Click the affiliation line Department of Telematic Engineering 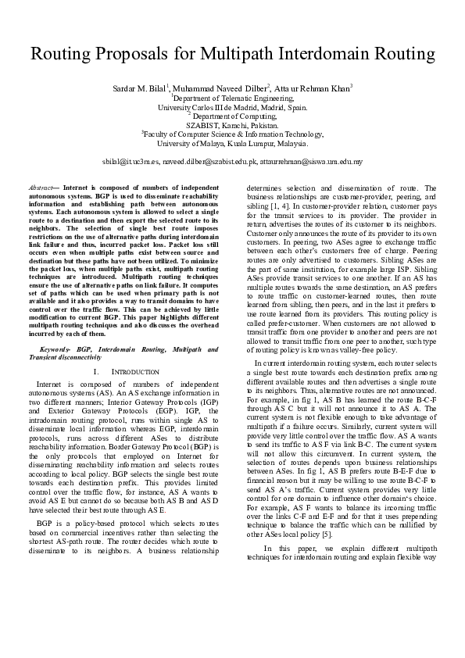(233, 99)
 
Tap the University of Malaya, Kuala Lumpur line (232, 144)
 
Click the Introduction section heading (129, 370)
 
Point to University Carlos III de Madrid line (232, 108)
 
